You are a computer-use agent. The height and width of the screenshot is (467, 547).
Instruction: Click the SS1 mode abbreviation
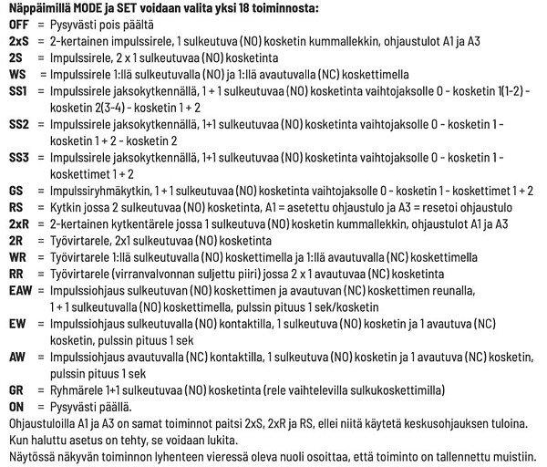click(18, 92)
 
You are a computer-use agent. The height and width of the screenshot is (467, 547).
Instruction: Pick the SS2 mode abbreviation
click(18, 123)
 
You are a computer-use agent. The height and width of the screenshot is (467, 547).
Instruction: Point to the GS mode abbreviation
click(15, 192)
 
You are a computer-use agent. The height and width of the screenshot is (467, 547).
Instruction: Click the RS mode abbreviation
click(15, 207)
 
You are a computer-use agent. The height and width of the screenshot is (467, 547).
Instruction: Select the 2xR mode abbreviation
click(17, 223)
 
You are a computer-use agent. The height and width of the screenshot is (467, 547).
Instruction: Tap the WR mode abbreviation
click(16, 256)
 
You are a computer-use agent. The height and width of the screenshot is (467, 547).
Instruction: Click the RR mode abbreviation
click(15, 273)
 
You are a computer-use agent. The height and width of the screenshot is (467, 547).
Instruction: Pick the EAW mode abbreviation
click(19, 288)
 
